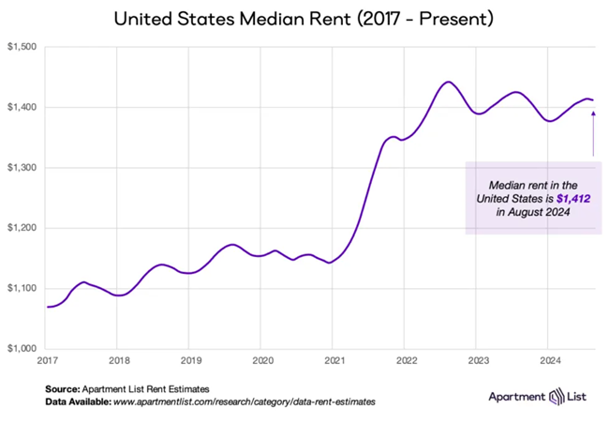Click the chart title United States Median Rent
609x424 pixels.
pos(304,18)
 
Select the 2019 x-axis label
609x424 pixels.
pos(190,360)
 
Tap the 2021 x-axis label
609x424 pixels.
pos(334,360)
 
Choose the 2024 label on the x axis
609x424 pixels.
pos(551,360)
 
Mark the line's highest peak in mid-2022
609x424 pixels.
pos(448,83)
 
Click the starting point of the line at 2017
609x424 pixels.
pos(47,307)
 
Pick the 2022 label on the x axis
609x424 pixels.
pos(407,360)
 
